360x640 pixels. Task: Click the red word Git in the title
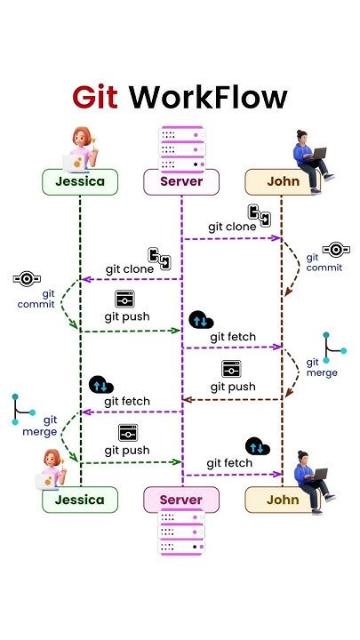(x=96, y=96)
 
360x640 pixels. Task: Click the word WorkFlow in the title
(x=208, y=96)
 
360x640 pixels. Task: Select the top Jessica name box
(x=80, y=182)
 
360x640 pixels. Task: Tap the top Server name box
(x=180, y=182)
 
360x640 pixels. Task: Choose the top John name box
(x=282, y=182)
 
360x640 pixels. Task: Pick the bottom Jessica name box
(x=80, y=500)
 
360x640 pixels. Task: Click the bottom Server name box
(x=180, y=500)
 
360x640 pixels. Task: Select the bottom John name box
(x=282, y=500)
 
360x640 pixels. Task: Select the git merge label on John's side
(x=321, y=368)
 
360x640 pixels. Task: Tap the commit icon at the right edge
(x=333, y=249)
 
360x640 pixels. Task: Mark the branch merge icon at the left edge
(x=23, y=410)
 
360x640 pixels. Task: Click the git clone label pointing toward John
(x=232, y=227)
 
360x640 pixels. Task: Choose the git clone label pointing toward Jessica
(x=131, y=269)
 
